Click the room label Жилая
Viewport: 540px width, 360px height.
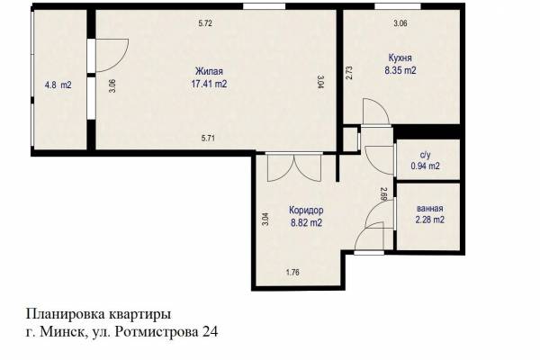[x=209, y=71]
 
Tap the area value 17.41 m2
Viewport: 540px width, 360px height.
[x=209, y=84]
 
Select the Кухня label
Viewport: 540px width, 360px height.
[x=400, y=58]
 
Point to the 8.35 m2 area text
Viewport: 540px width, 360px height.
[x=400, y=70]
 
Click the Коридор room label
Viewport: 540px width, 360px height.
[x=306, y=210]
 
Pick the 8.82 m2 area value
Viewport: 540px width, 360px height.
[x=307, y=223]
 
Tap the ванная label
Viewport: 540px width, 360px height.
[x=430, y=209]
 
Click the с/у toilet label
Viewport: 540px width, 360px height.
[x=426, y=155]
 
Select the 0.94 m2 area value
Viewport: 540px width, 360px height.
[x=426, y=166]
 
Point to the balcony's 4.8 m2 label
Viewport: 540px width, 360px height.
[x=58, y=85]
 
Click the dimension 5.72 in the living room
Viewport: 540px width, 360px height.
[x=205, y=23]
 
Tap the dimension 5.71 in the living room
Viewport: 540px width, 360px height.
[x=208, y=139]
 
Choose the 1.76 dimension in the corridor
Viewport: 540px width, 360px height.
[x=292, y=272]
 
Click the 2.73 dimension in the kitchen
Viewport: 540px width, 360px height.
[x=349, y=73]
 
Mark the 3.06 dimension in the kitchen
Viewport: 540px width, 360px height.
[x=400, y=23]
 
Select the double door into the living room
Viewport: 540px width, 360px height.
[x=294, y=167]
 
